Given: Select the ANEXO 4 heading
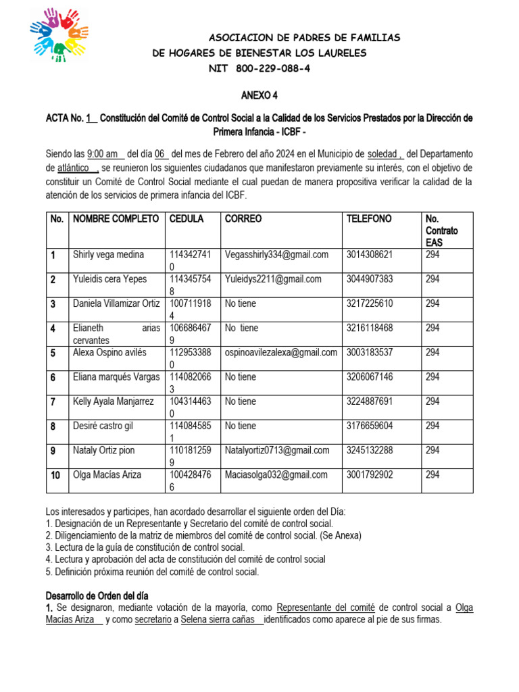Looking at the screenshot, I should tap(259, 96).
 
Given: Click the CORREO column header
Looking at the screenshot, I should tap(243, 219).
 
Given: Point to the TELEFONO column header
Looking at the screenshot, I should tap(368, 219).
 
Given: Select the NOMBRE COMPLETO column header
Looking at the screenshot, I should tap(116, 219).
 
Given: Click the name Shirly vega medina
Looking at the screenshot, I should tap(108, 255).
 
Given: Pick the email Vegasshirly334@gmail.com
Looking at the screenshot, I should tap(276, 255).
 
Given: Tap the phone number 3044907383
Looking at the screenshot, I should tap(369, 279).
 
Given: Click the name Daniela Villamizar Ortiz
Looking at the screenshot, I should tap(116, 303).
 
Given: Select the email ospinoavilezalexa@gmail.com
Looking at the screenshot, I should tap(280, 352).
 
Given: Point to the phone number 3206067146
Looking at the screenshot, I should tap(369, 377).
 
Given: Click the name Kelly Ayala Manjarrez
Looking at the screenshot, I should tap(114, 401).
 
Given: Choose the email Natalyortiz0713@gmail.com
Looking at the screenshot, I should tap(277, 450).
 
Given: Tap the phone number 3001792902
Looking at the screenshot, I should tap(369, 474).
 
